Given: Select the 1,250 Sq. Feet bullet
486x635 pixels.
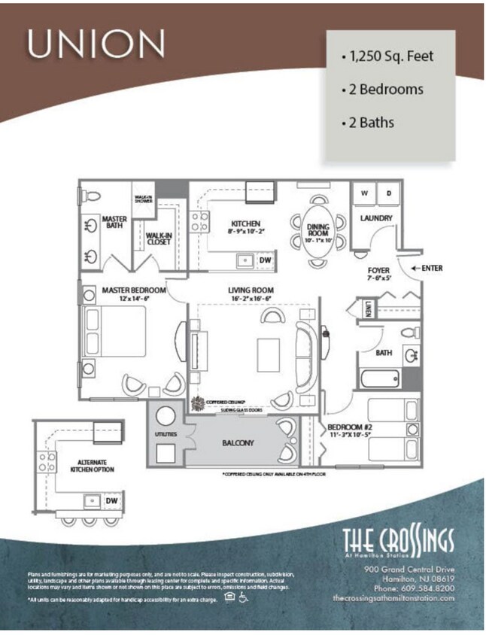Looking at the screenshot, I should pyautogui.click(x=387, y=56).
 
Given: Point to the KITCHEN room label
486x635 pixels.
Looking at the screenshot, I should pyautogui.click(x=246, y=224).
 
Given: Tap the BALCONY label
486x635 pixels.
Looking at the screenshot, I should pyautogui.click(x=238, y=443).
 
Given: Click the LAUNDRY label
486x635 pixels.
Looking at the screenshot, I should pyautogui.click(x=377, y=219).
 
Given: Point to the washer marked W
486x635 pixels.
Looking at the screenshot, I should pyautogui.click(x=363, y=193).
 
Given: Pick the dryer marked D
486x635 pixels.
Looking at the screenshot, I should pyautogui.click(x=388, y=193).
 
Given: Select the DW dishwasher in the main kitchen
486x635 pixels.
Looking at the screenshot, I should pyautogui.click(x=264, y=260).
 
